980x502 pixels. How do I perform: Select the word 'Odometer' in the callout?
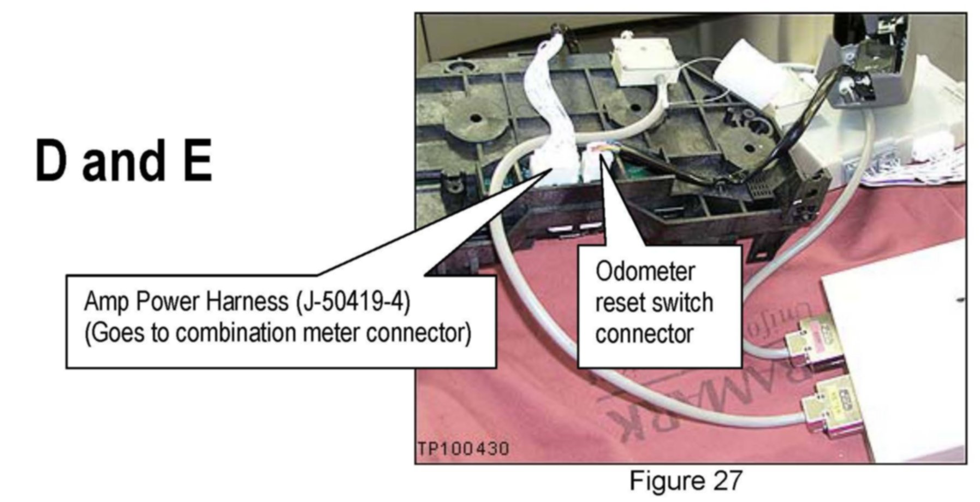[x=645, y=271]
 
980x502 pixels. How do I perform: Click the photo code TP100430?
[x=464, y=449]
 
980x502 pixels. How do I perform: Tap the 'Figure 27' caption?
[x=686, y=481]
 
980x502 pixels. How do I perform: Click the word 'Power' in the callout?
[x=168, y=302]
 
